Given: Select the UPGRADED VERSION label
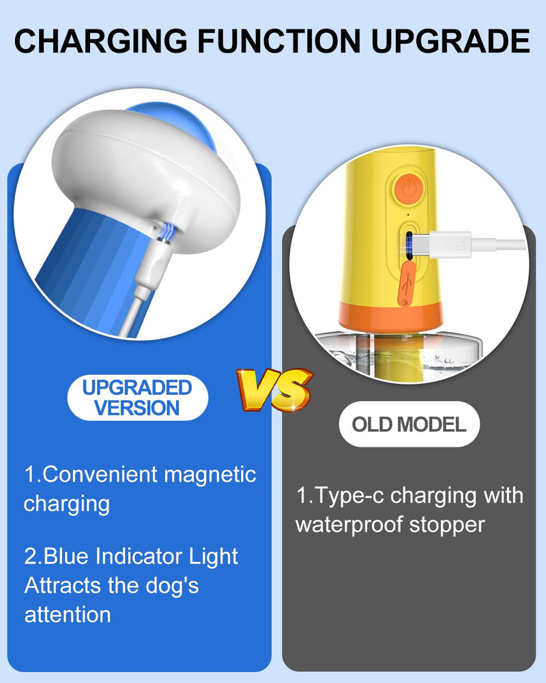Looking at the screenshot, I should tap(137, 398).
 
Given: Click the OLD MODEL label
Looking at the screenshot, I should tap(409, 424).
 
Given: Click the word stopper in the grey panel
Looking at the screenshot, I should tap(450, 525).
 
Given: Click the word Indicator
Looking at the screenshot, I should tap(136, 556).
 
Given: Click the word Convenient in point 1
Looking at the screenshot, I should tap(100, 474).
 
